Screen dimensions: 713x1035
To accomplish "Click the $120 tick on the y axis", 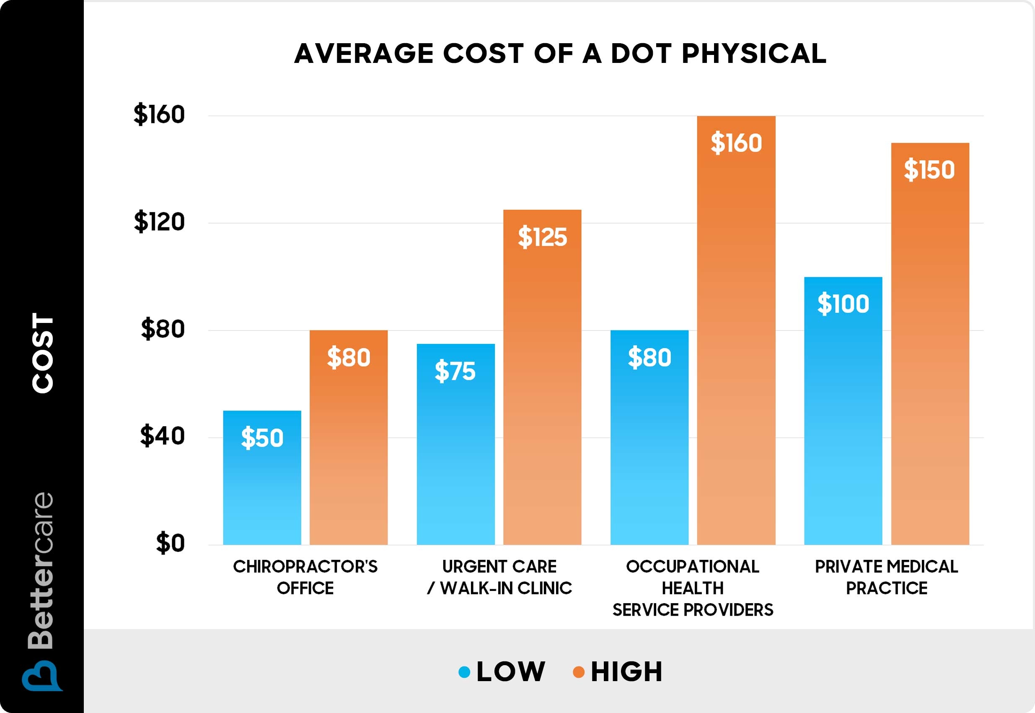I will [x=159, y=221].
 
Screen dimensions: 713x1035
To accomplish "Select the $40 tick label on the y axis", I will [x=162, y=436].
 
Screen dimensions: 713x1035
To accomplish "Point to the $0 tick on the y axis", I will [x=170, y=543].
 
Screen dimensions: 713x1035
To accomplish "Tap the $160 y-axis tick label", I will [x=159, y=114].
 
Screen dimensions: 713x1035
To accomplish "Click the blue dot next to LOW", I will [x=464, y=672].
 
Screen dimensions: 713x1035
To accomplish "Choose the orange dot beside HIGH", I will [x=578, y=672].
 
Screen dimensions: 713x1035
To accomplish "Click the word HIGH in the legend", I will [x=626, y=672].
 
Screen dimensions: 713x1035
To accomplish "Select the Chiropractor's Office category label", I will [x=305, y=577].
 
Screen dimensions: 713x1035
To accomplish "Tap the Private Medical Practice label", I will [x=886, y=577].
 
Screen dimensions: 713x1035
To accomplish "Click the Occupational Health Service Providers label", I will [x=693, y=588].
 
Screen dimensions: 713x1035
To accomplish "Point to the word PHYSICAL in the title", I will [x=754, y=54].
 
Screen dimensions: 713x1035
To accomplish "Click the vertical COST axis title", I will [x=43, y=353].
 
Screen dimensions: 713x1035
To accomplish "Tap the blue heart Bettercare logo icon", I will [x=42, y=676].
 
